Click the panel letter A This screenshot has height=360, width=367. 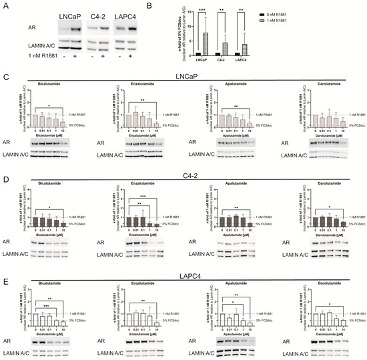(5, 5)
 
